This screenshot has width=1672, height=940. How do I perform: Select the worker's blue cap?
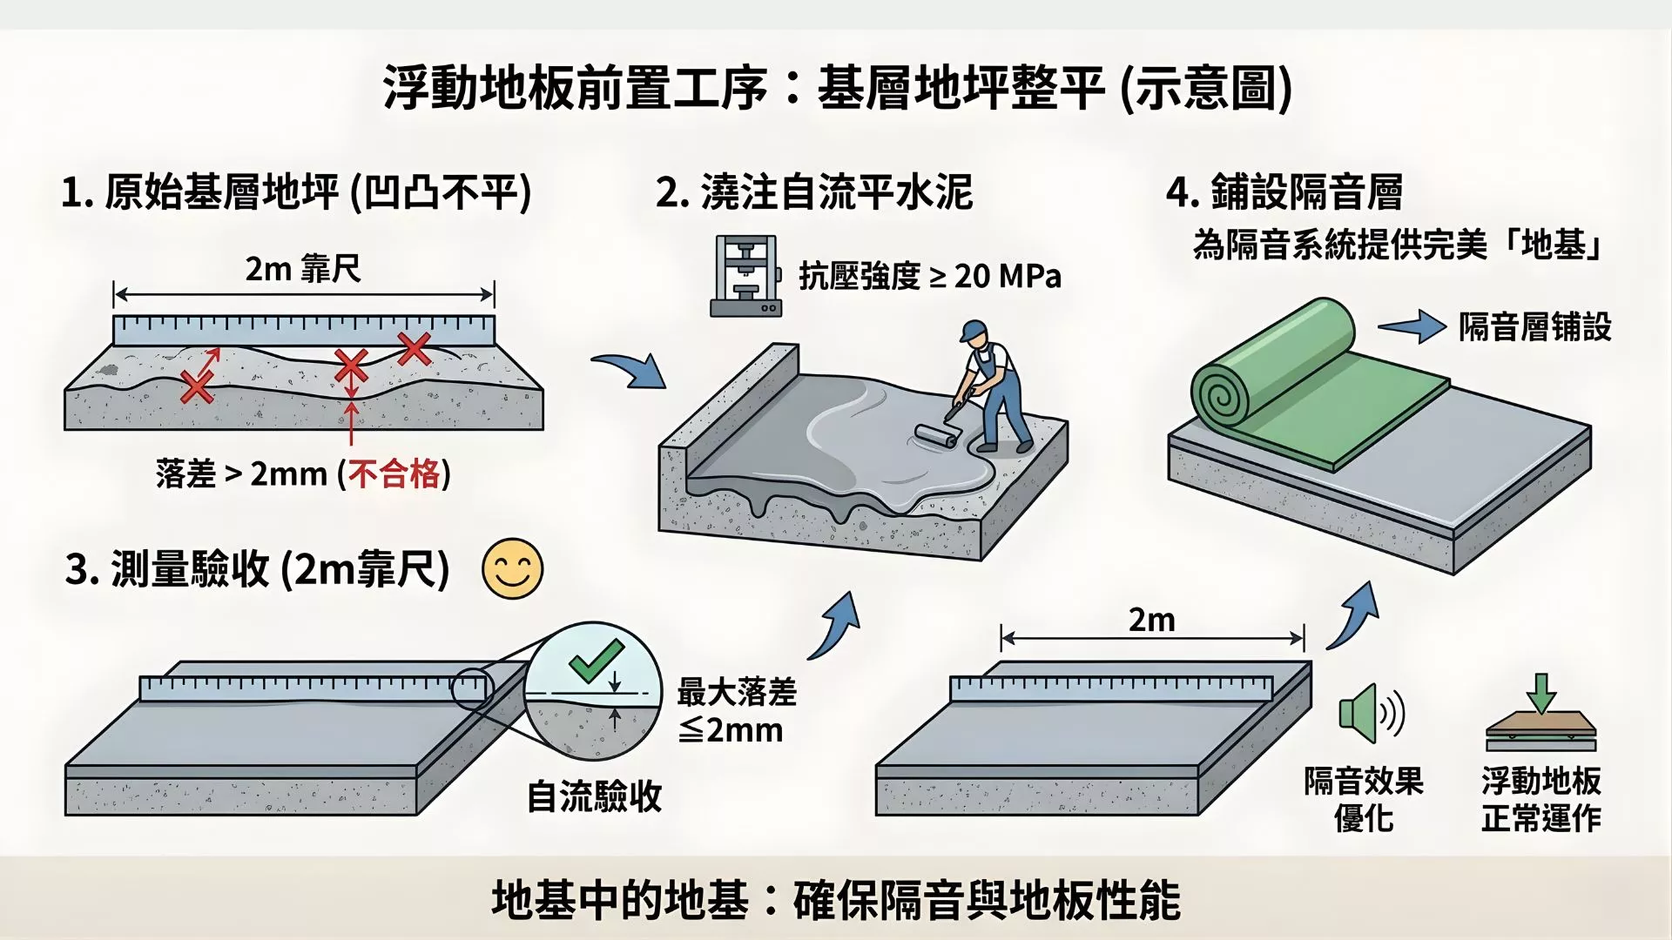click(972, 331)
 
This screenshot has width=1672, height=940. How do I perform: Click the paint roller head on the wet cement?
click(934, 435)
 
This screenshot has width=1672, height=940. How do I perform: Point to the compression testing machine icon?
click(745, 276)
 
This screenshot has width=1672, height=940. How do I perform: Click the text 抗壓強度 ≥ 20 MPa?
click(930, 277)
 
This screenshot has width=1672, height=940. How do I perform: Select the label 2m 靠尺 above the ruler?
click(302, 269)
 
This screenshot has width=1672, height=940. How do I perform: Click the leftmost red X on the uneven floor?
click(197, 386)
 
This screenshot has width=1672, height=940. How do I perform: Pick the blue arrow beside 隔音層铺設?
click(1411, 326)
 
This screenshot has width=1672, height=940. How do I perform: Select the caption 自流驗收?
click(594, 796)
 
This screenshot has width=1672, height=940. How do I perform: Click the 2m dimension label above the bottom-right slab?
click(1151, 621)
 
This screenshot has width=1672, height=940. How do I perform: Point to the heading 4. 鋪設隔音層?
click(1284, 192)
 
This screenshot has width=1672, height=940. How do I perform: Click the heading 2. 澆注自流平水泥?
click(813, 192)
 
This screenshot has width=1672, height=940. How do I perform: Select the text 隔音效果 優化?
click(1363, 799)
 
